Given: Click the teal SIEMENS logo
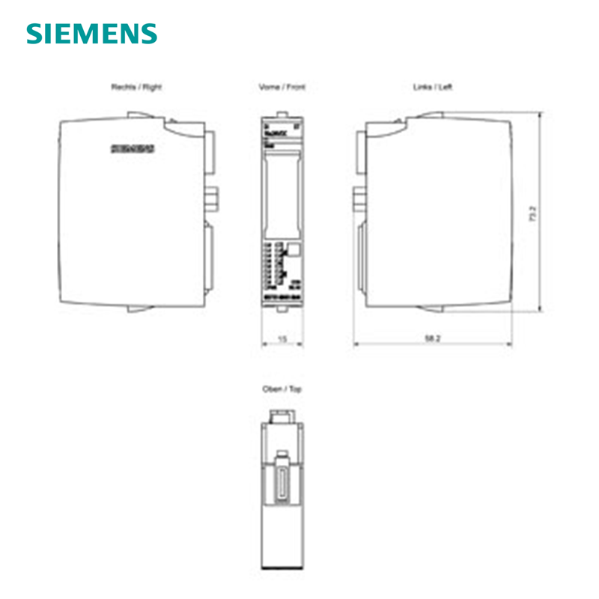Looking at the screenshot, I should point(92,34).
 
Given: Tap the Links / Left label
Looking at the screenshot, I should point(433,87).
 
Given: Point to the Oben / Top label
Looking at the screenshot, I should point(282,389).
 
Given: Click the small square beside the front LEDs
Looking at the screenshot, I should point(294,251).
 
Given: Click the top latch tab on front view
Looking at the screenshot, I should point(282,115).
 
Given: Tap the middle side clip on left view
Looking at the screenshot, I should point(357,199).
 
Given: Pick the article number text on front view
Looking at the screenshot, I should point(282,299).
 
